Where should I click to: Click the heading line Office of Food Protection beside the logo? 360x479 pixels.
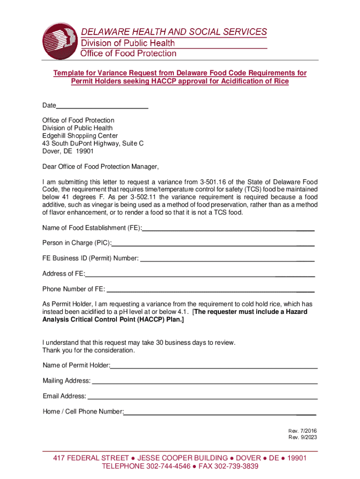pyautogui.click(x=129, y=53)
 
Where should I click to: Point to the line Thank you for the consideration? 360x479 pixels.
pyautogui.click(x=89, y=350)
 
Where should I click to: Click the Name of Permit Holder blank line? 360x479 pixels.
pyautogui.click(x=214, y=365)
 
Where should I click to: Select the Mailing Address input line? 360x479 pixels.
pyautogui.click(x=204, y=381)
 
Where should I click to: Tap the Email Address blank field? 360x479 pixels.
pyautogui.click(x=202, y=396)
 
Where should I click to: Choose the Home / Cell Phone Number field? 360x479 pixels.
pyautogui.click(x=220, y=412)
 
